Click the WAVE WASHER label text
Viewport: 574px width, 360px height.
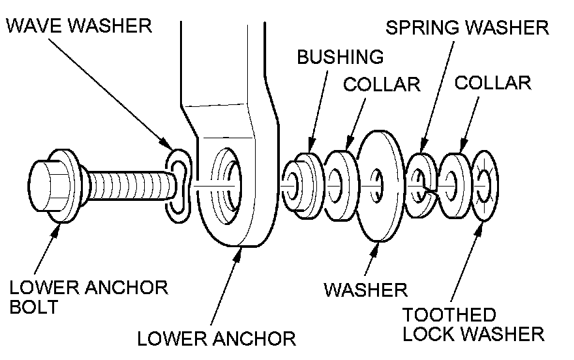click(78, 27)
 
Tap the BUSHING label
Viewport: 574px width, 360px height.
click(340, 57)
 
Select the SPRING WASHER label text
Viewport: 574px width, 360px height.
click(467, 28)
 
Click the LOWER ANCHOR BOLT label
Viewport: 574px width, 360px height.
click(89, 296)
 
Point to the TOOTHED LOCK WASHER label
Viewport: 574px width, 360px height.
click(473, 324)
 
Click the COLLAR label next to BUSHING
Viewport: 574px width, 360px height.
click(382, 85)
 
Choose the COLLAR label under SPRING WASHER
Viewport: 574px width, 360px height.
click(492, 83)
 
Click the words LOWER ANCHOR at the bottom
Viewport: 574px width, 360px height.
click(216, 338)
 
